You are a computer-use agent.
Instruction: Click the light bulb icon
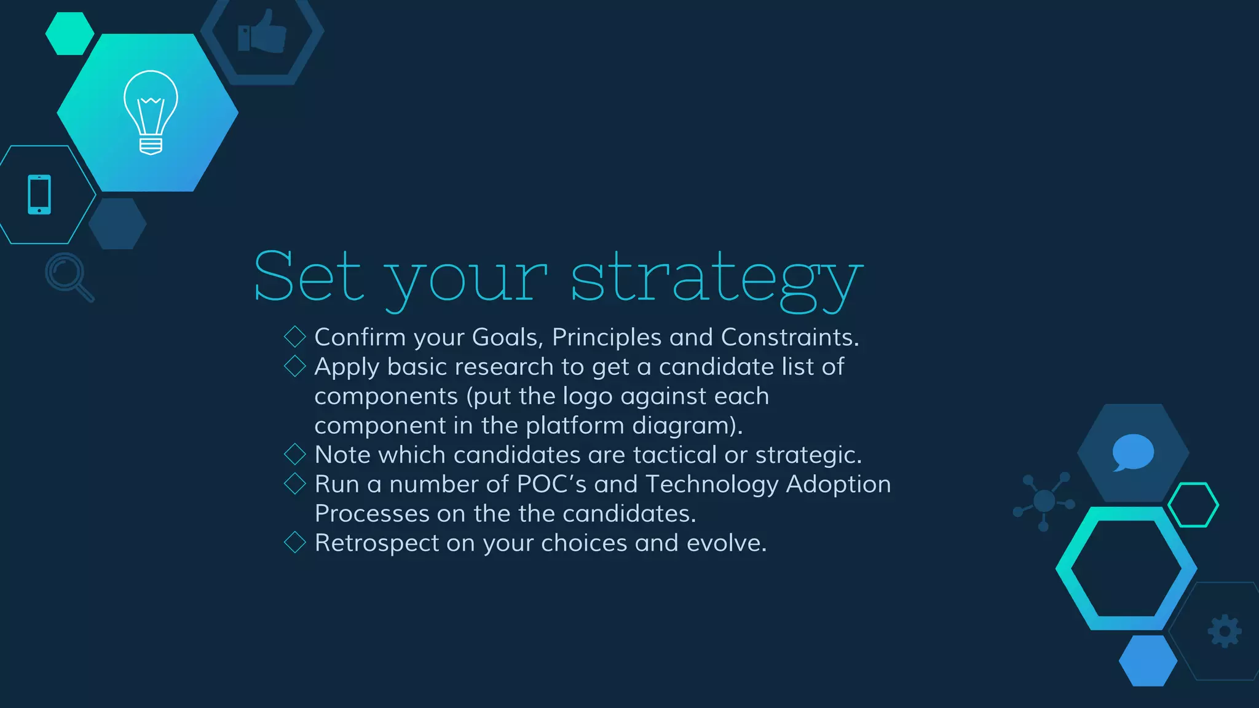pyautogui.click(x=151, y=112)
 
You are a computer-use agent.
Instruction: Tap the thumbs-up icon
pyautogui.click(x=262, y=32)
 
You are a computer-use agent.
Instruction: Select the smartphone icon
pyautogui.click(x=39, y=195)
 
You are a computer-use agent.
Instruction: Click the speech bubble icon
pyautogui.click(x=1132, y=452)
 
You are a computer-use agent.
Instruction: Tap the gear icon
pyautogui.click(x=1225, y=631)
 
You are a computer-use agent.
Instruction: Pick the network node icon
pyautogui.click(x=1044, y=500)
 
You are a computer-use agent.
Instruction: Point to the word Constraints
pyautogui.click(x=789, y=337)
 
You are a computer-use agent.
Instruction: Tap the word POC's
pyautogui.click(x=551, y=484)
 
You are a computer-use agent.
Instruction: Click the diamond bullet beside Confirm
pyautogui.click(x=295, y=336)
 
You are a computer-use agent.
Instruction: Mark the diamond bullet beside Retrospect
pyautogui.click(x=295, y=542)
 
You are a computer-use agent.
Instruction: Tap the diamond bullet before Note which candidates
pyautogui.click(x=295, y=454)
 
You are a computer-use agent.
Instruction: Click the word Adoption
pyautogui.click(x=838, y=484)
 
